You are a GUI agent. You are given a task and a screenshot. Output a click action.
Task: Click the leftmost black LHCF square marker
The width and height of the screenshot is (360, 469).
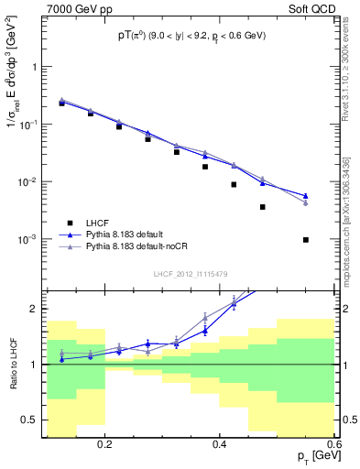(x=61, y=104)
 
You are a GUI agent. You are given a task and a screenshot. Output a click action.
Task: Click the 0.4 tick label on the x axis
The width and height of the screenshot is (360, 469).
(x=220, y=444)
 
